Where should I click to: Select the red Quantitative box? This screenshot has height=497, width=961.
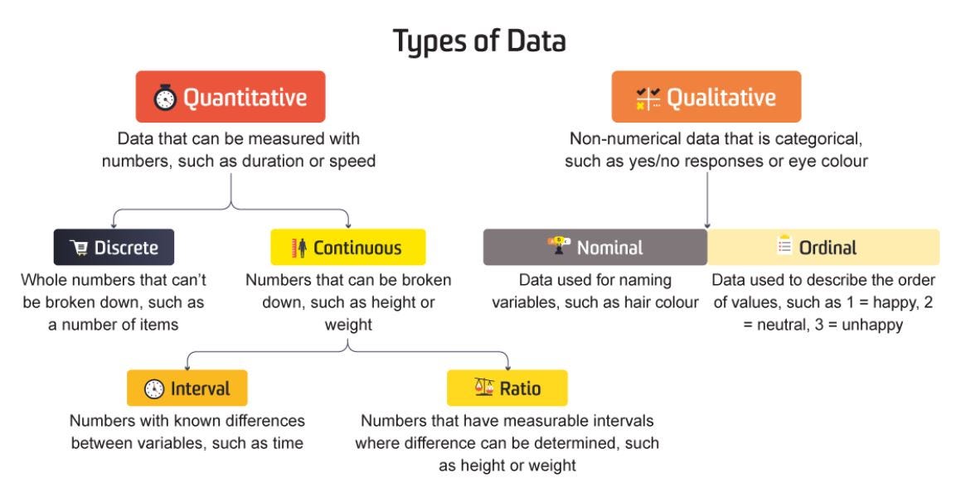[230, 97]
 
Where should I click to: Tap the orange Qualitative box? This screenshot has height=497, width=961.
[706, 97]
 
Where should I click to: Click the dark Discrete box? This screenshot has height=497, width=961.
[114, 247]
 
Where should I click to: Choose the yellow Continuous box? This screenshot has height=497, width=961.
[347, 247]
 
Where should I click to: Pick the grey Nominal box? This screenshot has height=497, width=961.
[595, 247]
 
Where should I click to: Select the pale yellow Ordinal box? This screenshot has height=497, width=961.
[823, 247]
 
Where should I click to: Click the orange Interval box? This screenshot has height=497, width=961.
[187, 388]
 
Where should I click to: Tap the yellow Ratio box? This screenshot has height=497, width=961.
[507, 388]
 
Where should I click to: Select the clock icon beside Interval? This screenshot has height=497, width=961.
[153, 388]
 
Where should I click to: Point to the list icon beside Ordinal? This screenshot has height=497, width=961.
[784, 246]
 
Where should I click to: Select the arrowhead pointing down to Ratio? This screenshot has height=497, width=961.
[507, 365]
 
